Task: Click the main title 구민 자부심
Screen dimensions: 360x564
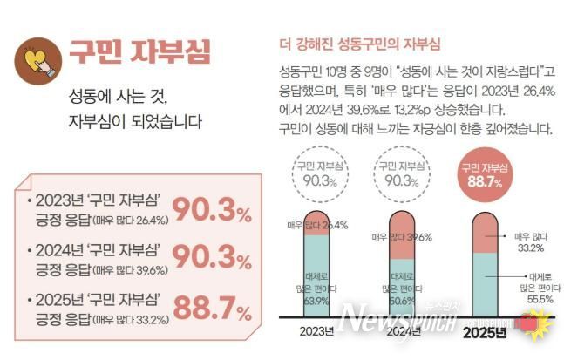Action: pos(139,51)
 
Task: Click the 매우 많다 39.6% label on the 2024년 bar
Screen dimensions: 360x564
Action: pos(402,237)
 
